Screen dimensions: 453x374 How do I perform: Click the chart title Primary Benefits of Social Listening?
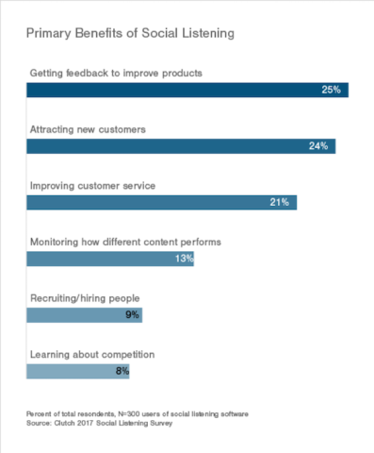[130, 33]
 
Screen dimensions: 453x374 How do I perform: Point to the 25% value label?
[333, 91]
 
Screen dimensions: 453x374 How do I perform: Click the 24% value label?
[319, 146]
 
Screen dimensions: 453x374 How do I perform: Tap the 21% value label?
[281, 202]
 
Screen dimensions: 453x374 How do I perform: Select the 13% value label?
[182, 259]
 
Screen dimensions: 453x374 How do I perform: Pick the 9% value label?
[133, 315]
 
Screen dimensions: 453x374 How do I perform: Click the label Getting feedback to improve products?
[116, 73]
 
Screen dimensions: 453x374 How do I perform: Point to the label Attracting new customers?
[89, 129]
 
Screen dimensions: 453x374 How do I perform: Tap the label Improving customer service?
[92, 186]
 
